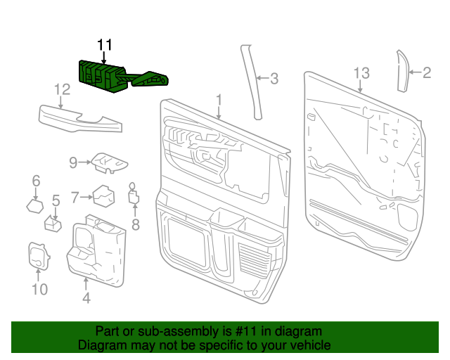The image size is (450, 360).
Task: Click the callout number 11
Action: coord(105,46)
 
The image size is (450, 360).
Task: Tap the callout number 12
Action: coord(63,89)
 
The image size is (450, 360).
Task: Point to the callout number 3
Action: coord(274,79)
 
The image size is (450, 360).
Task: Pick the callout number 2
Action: coord(427,72)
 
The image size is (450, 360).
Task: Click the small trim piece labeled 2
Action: coord(404,70)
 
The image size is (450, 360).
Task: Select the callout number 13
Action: coord(361,72)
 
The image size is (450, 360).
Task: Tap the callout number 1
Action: coord(219,100)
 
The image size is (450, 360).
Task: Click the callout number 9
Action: coord(72,162)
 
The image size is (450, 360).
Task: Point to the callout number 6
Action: coord(36,182)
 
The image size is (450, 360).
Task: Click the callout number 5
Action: coord(56,201)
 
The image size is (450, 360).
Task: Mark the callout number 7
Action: coord(75,198)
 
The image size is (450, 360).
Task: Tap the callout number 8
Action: coord(136,225)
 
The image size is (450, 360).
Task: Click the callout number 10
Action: coord(39,288)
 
